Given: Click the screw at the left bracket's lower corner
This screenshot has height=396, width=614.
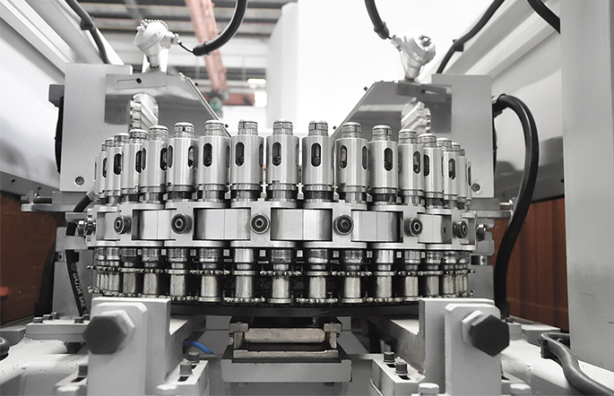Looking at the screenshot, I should pos(80,180).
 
